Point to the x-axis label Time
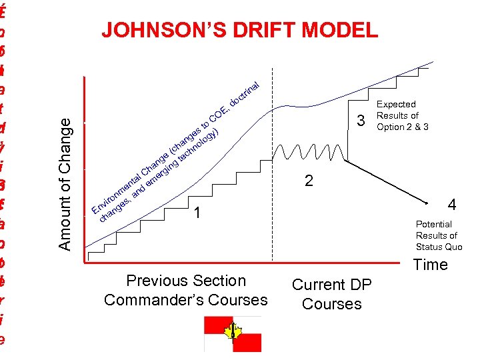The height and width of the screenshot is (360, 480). [430, 265]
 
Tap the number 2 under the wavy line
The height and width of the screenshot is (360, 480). [308, 181]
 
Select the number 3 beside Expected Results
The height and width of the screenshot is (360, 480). [361, 121]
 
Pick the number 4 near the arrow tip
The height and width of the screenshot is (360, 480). [452, 204]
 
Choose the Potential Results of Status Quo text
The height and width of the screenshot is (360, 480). [439, 235]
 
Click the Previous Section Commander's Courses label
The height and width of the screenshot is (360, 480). [185, 290]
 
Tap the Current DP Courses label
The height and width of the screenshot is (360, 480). [331, 294]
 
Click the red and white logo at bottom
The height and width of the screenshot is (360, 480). [233, 333]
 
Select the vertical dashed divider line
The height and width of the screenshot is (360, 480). [273, 167]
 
